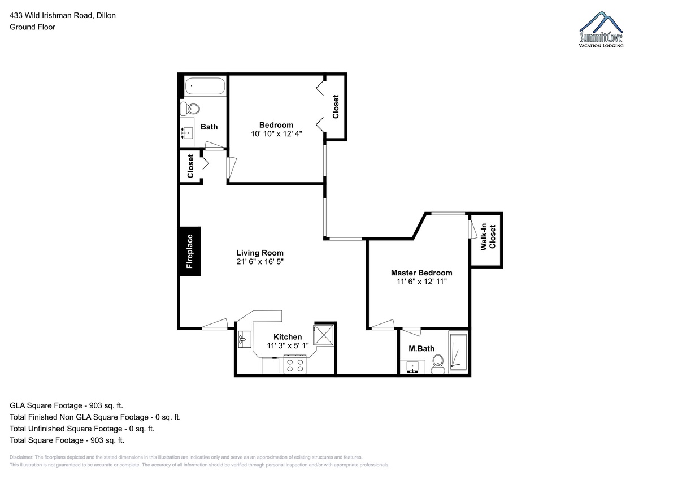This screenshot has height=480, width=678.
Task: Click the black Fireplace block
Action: click(190, 252)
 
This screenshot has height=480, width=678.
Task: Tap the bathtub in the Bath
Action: click(205, 87)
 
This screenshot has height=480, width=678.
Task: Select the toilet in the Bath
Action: click(190, 109)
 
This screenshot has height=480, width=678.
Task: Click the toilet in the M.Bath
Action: click(438, 364)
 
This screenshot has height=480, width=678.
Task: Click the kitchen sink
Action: click(245, 339)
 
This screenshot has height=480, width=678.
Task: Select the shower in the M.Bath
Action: click(458, 352)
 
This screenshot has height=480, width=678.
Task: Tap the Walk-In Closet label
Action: click(488, 237)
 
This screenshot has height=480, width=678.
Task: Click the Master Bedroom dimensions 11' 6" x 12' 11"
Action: click(421, 282)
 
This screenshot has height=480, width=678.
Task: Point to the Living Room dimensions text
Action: click(260, 262)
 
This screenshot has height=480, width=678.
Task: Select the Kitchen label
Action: click(288, 337)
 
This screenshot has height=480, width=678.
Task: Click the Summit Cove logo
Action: click(601, 29)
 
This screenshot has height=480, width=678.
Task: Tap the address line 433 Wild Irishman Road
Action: click(51, 15)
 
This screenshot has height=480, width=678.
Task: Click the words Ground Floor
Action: click(32, 27)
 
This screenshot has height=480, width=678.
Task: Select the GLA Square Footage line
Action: click(66, 405)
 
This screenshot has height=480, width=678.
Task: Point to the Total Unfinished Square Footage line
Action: click(82, 429)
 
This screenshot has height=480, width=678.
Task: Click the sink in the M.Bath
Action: click(412, 367)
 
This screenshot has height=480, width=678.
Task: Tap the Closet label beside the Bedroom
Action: click(336, 107)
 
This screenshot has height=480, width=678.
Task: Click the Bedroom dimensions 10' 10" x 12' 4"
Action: click(276, 134)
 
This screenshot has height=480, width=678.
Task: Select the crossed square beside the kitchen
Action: click(323, 335)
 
